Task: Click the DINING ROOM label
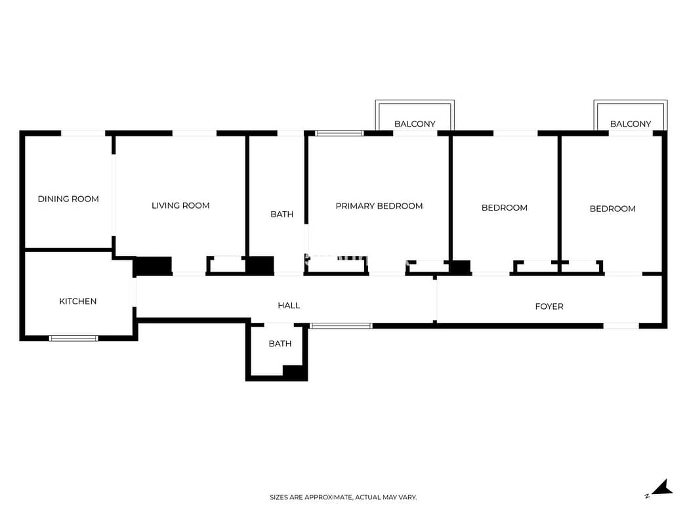pos(68,199)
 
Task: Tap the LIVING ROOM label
pos(180,205)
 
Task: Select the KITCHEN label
pos(78,301)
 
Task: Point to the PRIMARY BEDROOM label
pos(379,206)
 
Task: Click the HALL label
pos(289,305)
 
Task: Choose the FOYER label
pos(549,306)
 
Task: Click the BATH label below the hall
pos(280,344)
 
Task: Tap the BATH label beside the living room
pos(282,215)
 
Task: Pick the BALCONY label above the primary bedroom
pos(415,124)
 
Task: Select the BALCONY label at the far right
pos(631,124)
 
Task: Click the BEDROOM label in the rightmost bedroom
pos(612,209)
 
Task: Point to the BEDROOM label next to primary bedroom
pos(505,208)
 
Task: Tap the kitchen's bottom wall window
pos(73,339)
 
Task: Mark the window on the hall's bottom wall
pos(341,325)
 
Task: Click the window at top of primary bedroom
pos(339,133)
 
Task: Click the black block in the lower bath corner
pos(295,372)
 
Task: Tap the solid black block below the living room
pos(152,266)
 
